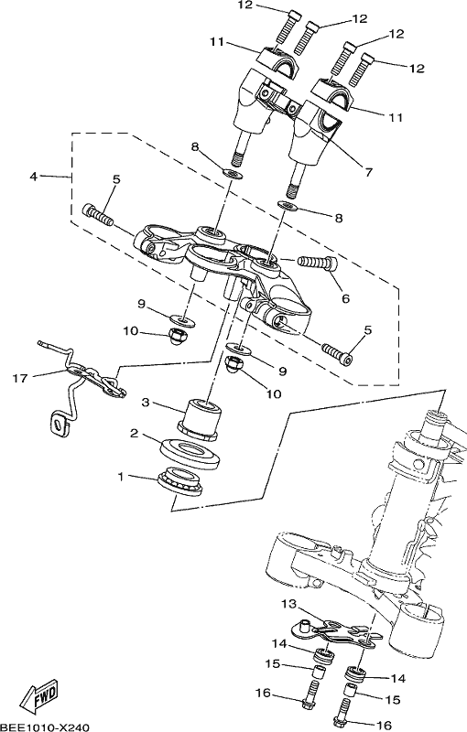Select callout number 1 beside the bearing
tap(121, 477)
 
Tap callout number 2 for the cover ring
tap(135, 434)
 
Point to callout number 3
tap(146, 402)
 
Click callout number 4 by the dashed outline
tap(33, 177)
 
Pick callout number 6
tap(345, 298)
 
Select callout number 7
tap(369, 172)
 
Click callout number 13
tap(289, 605)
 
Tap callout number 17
tap(20, 378)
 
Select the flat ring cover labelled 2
tap(190, 452)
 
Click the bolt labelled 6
tap(318, 263)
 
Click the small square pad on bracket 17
tap(59, 425)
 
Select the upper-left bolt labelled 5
tap(98, 215)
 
